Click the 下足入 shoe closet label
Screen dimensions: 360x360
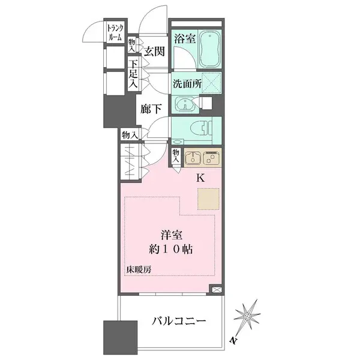click(x=134, y=71)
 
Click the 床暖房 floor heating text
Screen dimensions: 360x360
click(x=139, y=269)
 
